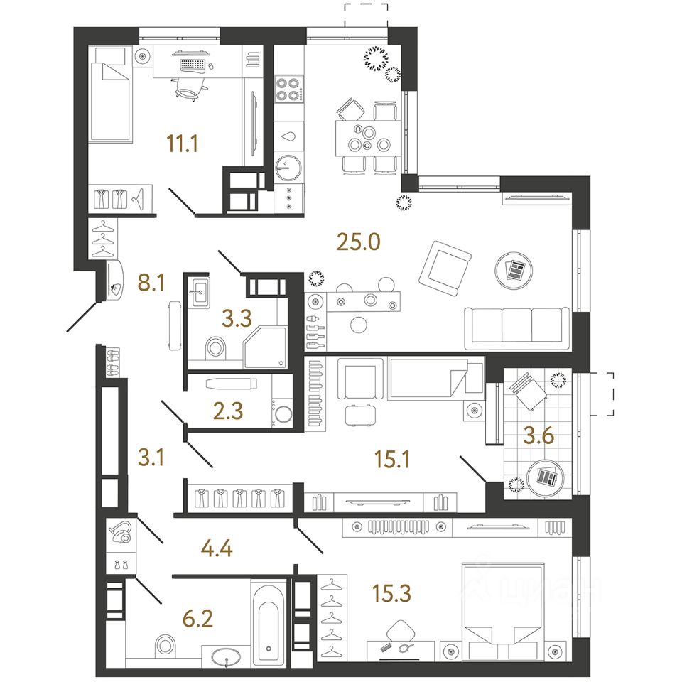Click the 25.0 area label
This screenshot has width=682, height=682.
coord(358,242)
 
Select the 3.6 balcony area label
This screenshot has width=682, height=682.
coord(538,435)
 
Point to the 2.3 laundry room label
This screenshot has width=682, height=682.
coord(228,411)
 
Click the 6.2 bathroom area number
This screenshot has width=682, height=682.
coord(198,619)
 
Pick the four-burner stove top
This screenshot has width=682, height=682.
coord(289,90)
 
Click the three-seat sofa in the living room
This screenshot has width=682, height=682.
coord(516,328)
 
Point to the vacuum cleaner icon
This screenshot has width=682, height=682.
coord(121,532)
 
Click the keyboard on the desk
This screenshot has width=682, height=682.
coord(193,65)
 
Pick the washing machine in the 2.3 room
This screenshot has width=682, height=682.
coord(282,413)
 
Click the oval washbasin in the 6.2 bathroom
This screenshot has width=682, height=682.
coord(226,656)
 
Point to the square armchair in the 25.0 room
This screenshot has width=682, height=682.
coord(445,269)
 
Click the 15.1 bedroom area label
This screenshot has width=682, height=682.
coord(392,460)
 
